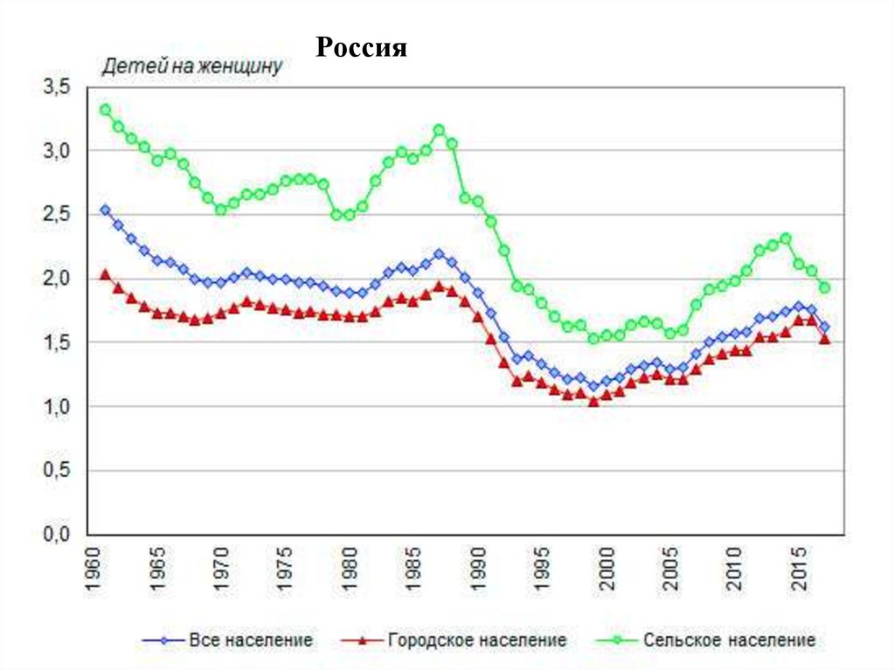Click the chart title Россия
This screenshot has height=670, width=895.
coord(362,47)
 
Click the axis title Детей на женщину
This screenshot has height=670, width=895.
coord(192,67)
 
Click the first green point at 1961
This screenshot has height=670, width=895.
coord(105,110)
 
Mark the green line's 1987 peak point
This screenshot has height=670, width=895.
coord(439,130)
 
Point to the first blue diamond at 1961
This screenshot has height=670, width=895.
coord(105,210)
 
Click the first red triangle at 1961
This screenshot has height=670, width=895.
coord(105,274)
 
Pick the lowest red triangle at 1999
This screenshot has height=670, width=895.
coord(593,402)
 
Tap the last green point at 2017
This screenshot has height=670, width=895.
coord(824,287)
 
